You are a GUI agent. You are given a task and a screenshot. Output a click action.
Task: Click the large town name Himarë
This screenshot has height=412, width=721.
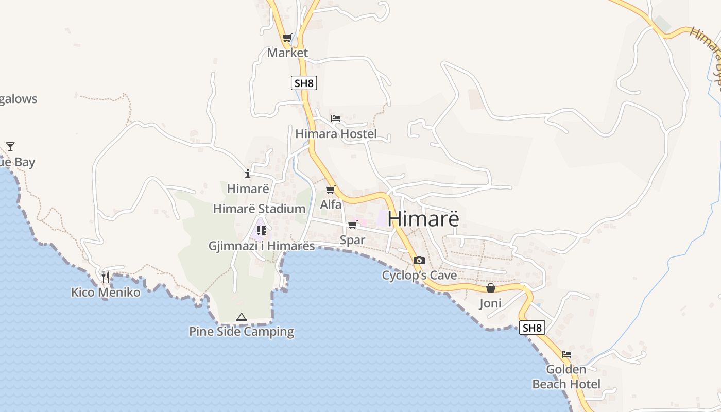[423, 218]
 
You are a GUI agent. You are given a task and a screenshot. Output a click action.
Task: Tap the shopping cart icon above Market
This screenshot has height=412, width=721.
[287, 38]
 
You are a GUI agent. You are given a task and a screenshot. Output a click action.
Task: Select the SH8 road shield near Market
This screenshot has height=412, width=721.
[304, 83]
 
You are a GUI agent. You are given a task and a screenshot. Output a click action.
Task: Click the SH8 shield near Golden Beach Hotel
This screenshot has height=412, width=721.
[532, 328]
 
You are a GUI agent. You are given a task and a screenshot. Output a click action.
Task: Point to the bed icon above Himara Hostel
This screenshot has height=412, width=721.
[336, 118]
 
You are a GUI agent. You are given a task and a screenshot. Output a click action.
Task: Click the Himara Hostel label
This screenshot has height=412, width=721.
[336, 134]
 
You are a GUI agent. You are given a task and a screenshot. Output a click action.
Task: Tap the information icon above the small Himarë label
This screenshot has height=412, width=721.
[248, 174]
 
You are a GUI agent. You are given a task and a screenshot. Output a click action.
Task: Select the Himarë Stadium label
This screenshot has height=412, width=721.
[259, 209]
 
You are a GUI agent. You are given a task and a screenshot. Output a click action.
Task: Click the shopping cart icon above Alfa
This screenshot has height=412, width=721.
[331, 190]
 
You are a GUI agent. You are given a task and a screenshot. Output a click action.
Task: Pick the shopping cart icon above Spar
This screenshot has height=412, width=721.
[353, 225]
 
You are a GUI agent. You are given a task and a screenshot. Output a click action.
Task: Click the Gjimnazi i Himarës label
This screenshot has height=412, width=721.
[261, 246]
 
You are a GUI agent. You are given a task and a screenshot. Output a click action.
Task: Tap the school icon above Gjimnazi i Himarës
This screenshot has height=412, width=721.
[261, 230]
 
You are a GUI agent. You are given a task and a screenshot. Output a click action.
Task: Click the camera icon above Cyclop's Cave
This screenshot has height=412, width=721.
[419, 260]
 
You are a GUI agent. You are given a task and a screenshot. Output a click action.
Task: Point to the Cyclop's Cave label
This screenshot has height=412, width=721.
[419, 276]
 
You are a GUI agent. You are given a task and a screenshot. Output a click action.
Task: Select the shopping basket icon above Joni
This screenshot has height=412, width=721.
[491, 288]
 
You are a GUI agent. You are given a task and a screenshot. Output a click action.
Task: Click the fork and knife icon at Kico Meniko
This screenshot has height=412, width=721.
[106, 277]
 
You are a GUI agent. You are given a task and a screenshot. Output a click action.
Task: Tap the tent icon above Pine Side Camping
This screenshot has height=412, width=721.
[241, 317]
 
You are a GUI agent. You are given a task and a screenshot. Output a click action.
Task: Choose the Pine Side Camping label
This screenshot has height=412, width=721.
[241, 332]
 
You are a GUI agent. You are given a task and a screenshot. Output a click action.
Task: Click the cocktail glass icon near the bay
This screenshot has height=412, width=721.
[10, 147]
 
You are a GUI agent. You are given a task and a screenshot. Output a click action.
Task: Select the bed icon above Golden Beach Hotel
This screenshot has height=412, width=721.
[566, 354]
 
